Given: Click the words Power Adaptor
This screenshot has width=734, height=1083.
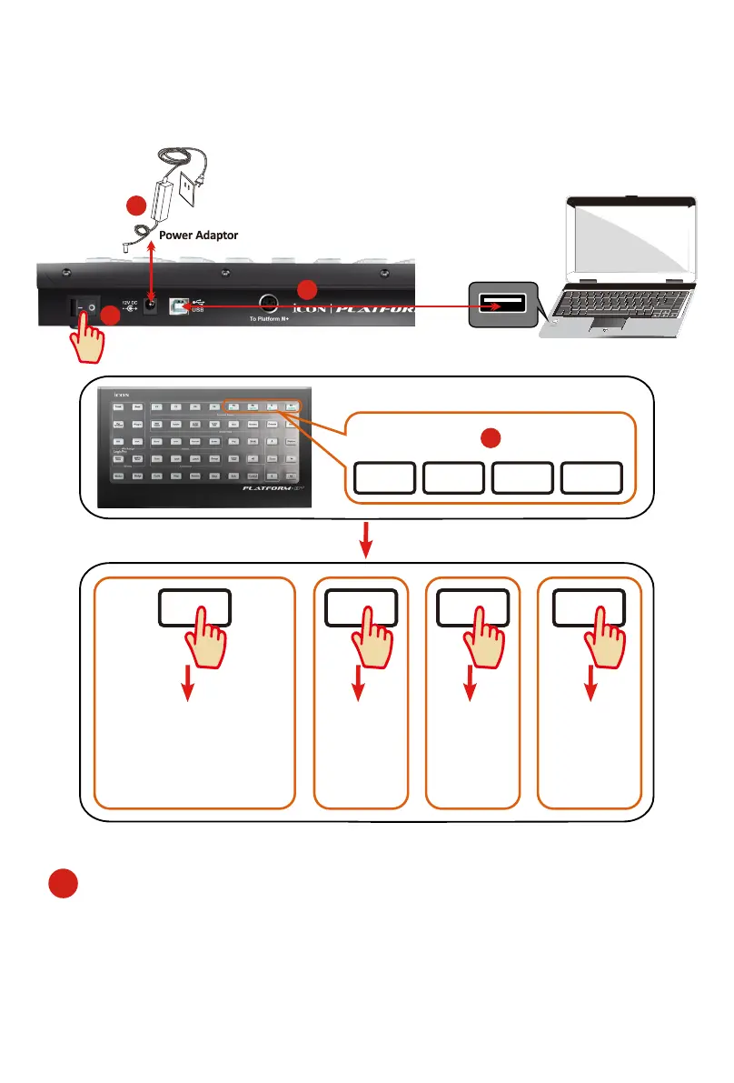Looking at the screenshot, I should point(198,235).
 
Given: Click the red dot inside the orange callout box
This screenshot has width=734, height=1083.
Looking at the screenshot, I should point(490,436).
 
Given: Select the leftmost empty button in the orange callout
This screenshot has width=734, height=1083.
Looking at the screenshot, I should point(384,477).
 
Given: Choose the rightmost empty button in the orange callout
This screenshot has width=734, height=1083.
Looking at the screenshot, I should point(591,477).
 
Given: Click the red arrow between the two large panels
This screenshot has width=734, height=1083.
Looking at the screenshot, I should point(366,541).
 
